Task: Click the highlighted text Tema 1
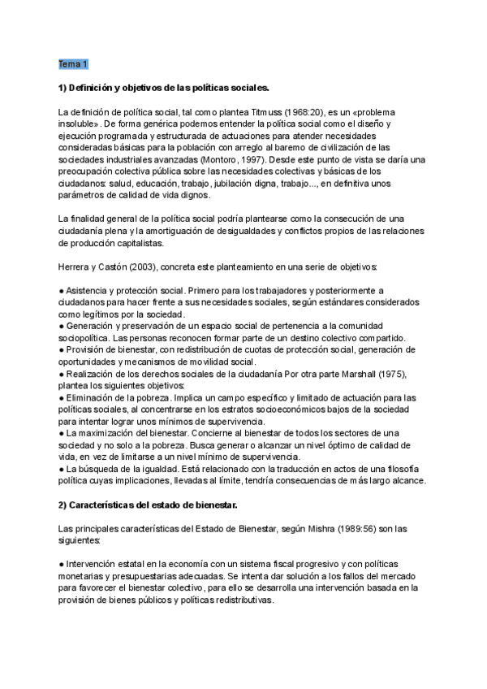[x=73, y=63]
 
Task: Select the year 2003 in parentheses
[x=154, y=266]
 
